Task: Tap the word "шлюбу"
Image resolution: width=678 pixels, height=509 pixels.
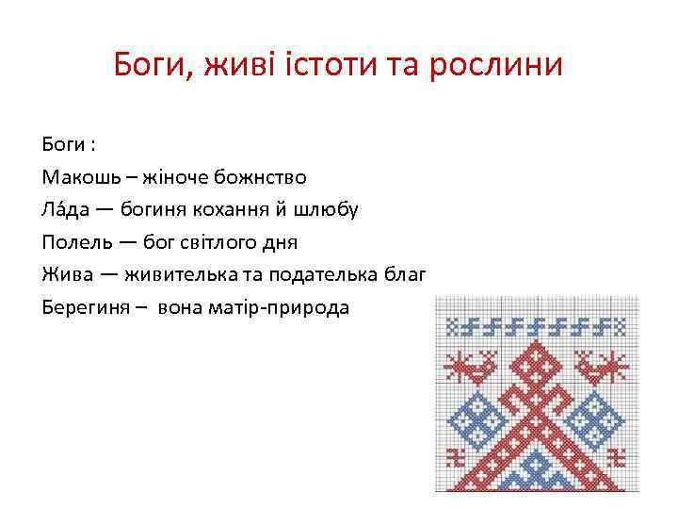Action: pos(327,209)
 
